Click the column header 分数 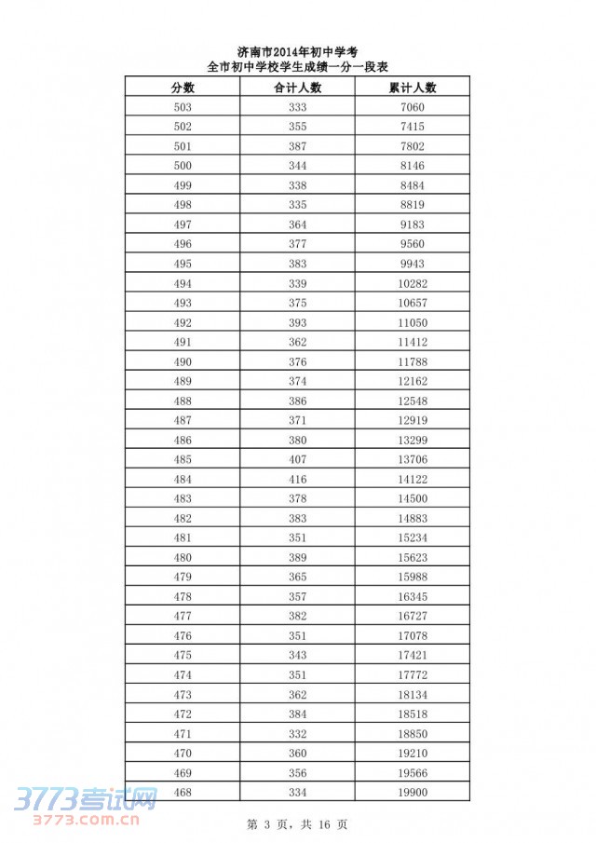(183, 88)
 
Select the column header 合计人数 (297, 88)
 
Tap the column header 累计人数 (412, 88)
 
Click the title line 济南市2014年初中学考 (298, 51)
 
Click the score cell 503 (183, 107)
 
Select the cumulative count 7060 (412, 107)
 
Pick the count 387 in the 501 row (297, 146)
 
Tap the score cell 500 (183, 166)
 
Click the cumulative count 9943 (412, 264)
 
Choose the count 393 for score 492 (297, 322)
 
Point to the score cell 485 (183, 459)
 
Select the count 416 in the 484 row (297, 479)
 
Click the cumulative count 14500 (412, 498)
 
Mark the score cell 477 (183, 616)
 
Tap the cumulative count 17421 (412, 655)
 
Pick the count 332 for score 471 (297, 733)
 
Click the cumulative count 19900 (412, 792)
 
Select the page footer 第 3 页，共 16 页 (298, 824)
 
